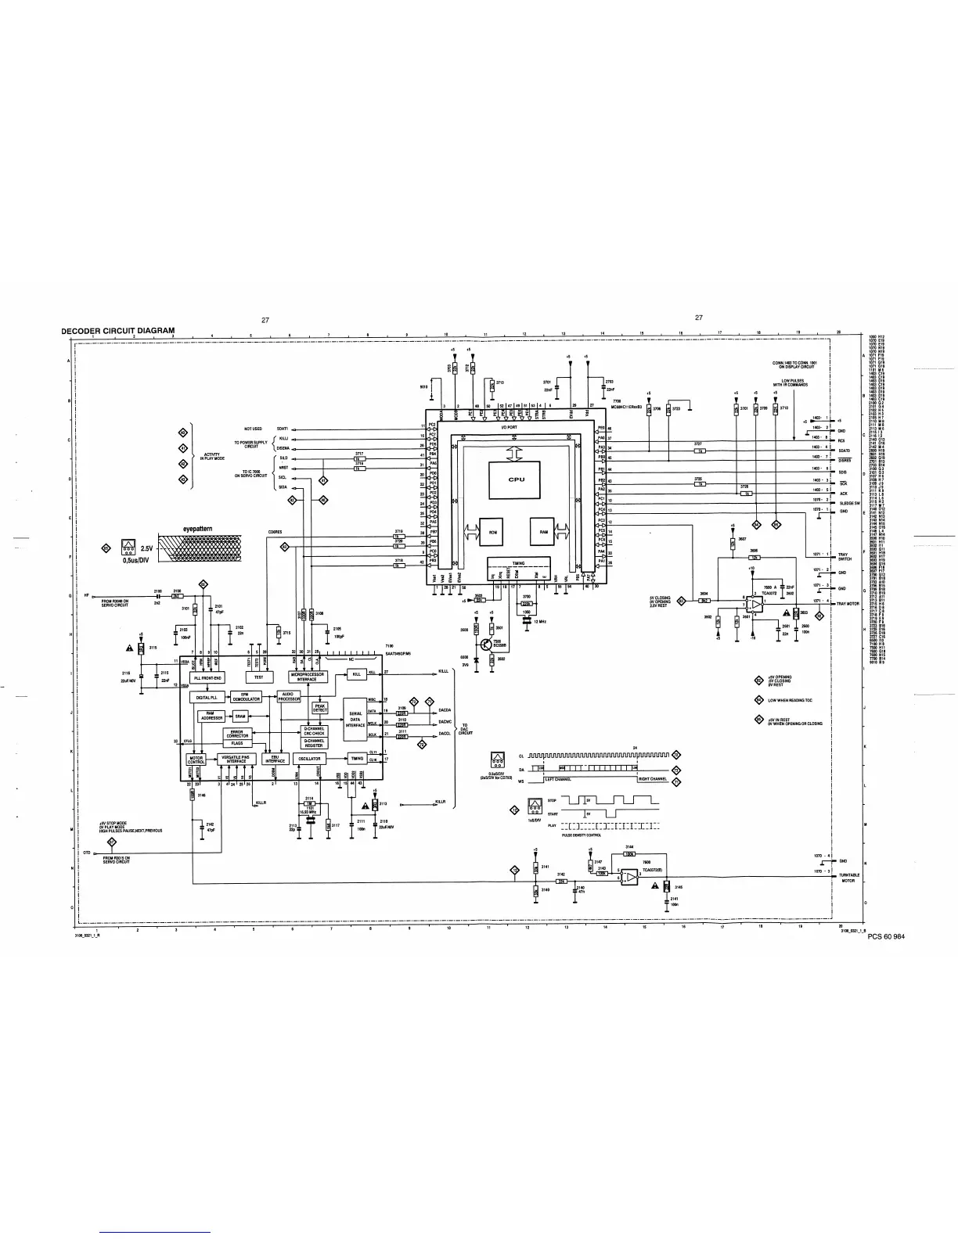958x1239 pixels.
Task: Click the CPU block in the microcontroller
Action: (515, 479)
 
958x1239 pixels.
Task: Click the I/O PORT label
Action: (508, 427)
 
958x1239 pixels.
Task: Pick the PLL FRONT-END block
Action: (207, 677)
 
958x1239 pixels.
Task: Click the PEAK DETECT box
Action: (320, 707)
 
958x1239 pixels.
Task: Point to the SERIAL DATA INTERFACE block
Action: (355, 719)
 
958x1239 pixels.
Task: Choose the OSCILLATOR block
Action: (308, 759)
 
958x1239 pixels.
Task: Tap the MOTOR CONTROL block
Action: (196, 759)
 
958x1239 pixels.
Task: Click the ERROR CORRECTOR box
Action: (237, 734)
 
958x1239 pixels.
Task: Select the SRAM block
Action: (240, 716)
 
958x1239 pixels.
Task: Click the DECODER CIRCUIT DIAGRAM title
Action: (118, 330)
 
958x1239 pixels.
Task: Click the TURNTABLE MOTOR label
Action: (850, 878)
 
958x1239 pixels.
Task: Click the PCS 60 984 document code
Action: (885, 938)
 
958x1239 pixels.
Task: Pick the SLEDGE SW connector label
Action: (850, 503)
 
